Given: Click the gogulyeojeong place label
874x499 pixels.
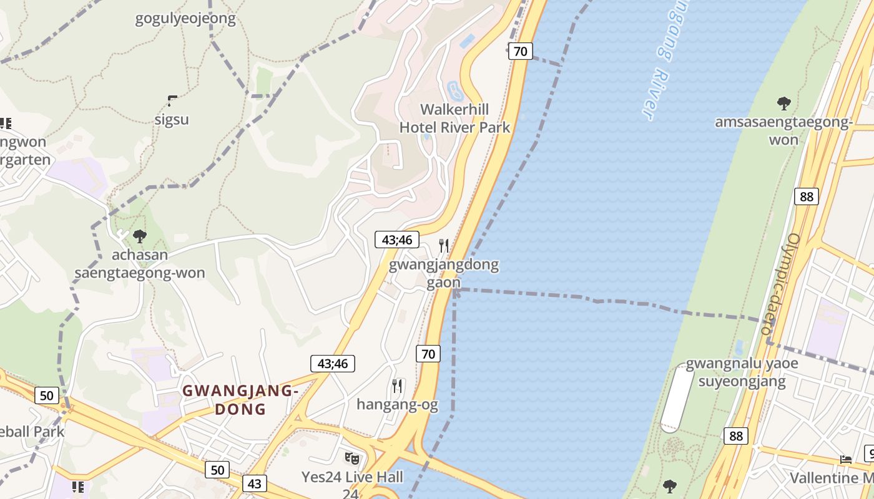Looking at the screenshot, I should pos(185,19).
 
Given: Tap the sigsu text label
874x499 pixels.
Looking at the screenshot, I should pos(172,119).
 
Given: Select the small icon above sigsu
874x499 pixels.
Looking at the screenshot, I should pos(172,100).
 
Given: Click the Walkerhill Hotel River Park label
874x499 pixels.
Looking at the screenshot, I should pos(454,119).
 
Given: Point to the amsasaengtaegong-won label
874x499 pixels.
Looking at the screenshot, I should pos(783,130).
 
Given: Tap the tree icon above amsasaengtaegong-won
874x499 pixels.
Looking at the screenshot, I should pos(783,103).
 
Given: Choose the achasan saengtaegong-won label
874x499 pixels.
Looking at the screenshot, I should pos(140,264).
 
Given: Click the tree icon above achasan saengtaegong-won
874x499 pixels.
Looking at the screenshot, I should pos(140,236).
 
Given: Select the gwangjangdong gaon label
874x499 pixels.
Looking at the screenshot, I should pos(444,273).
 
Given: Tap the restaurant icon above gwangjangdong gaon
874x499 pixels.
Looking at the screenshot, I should pos(444,245).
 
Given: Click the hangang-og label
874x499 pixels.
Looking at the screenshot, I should pos(397,405).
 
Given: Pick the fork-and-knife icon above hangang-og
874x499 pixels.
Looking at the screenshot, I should pos(396,385).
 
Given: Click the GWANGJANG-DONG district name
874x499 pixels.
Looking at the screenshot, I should pos(240,400).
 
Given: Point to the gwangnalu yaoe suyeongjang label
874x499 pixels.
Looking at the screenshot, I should pos(742,372).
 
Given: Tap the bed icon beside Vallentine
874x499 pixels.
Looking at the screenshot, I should pos(846,459).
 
